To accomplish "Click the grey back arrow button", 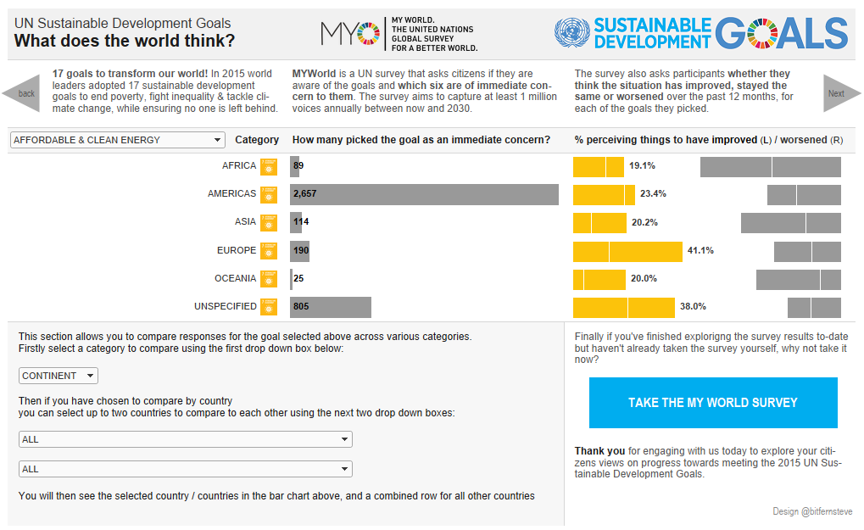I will point(22,93).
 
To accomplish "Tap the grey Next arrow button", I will point(840,93).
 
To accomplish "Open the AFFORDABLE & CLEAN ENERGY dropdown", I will point(117,140).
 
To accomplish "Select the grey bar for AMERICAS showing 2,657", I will point(424,194).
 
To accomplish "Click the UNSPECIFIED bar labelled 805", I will point(331,307).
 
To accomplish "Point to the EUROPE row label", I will point(237,251).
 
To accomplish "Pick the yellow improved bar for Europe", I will point(627,251).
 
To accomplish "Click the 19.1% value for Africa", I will point(642,166).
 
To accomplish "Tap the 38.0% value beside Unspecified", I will point(693,307).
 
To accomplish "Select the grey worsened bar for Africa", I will point(770,166).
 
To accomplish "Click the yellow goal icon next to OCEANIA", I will point(269,279).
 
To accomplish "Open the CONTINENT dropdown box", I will point(59,376).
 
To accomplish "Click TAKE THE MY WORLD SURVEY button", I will point(712,403).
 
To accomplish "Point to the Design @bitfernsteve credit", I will point(812,512).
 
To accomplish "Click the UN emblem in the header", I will point(571,34).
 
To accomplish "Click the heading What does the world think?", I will point(125,41).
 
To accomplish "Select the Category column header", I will point(257,140).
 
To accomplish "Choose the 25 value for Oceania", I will point(298,279).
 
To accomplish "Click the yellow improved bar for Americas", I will point(604,194).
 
